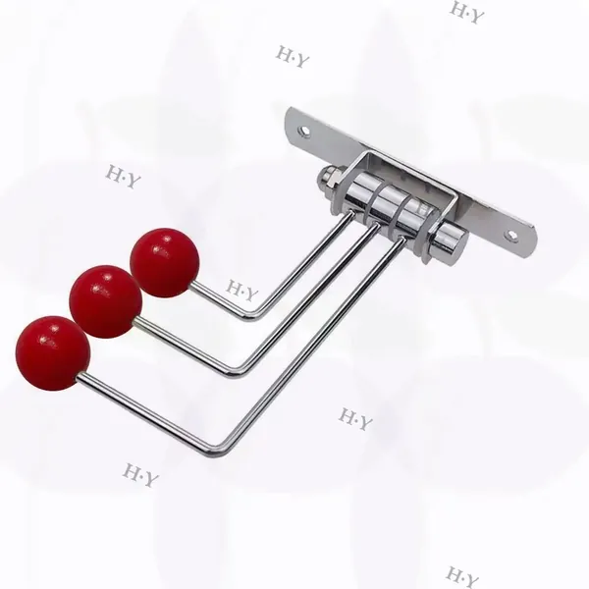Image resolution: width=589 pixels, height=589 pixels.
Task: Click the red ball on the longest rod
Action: tap(53, 353)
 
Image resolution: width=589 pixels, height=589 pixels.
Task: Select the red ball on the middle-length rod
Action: tap(106, 301)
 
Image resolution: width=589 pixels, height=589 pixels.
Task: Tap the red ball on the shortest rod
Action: tap(165, 262)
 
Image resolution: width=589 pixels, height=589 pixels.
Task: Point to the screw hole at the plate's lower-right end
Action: tap(510, 236)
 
